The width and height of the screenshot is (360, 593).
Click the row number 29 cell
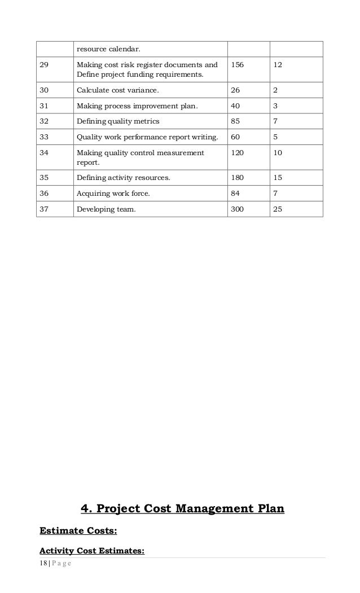pos(44,65)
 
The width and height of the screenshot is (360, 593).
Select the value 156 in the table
pos(239,65)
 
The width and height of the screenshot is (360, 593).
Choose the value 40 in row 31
pos(235,106)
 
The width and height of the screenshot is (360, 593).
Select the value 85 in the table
pos(235,121)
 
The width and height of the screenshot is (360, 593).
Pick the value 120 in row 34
pos(239,152)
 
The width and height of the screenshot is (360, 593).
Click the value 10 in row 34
pos(278,152)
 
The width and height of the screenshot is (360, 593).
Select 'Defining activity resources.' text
pos(124,178)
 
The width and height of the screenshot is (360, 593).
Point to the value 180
pos(239,178)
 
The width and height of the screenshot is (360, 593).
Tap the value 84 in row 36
pos(235,194)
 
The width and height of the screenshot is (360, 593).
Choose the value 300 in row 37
pos(239,209)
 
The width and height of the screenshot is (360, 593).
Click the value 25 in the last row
pos(278,209)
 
